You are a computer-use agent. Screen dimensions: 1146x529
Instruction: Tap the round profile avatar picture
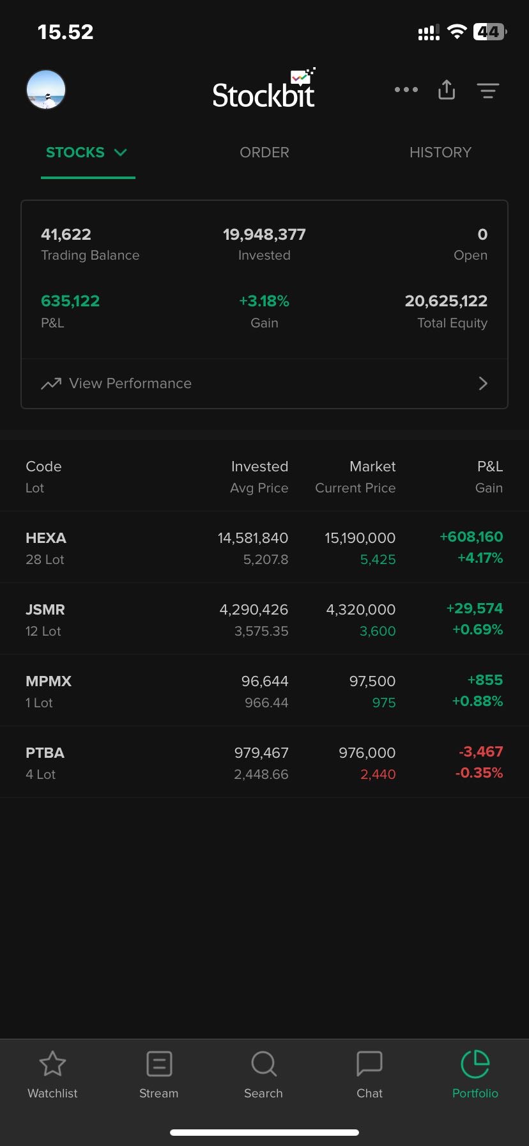tap(46, 90)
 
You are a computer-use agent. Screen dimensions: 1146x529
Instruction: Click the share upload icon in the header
tap(447, 90)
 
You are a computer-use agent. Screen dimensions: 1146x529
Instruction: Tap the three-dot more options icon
tap(406, 90)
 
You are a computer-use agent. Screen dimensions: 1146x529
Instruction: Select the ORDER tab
tap(264, 152)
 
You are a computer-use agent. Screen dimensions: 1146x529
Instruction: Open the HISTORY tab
tap(440, 152)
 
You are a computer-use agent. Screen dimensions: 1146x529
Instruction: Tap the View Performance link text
tap(130, 383)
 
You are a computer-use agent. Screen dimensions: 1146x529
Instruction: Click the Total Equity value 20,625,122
tap(446, 301)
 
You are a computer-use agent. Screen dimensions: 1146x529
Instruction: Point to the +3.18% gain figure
tap(264, 301)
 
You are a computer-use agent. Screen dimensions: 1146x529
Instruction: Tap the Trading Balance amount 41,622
tap(66, 234)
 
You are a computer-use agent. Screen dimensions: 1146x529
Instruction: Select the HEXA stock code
tap(46, 538)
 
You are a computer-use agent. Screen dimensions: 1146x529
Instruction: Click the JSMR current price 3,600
tap(378, 631)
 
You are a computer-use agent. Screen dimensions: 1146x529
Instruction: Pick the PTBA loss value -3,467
tap(480, 751)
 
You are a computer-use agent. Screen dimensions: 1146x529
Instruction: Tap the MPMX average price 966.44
tap(266, 703)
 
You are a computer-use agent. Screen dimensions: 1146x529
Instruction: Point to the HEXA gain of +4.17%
tap(480, 558)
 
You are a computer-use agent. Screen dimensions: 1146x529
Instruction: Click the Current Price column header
tap(355, 488)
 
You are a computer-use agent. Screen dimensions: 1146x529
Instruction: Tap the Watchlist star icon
tap(52, 1064)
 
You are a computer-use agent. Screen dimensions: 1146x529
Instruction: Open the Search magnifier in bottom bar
tap(263, 1064)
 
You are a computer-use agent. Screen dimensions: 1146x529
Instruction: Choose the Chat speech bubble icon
tap(369, 1064)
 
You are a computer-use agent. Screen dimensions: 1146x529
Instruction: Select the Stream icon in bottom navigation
tap(158, 1064)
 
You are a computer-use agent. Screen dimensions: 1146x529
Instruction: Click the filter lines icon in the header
tap(488, 90)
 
